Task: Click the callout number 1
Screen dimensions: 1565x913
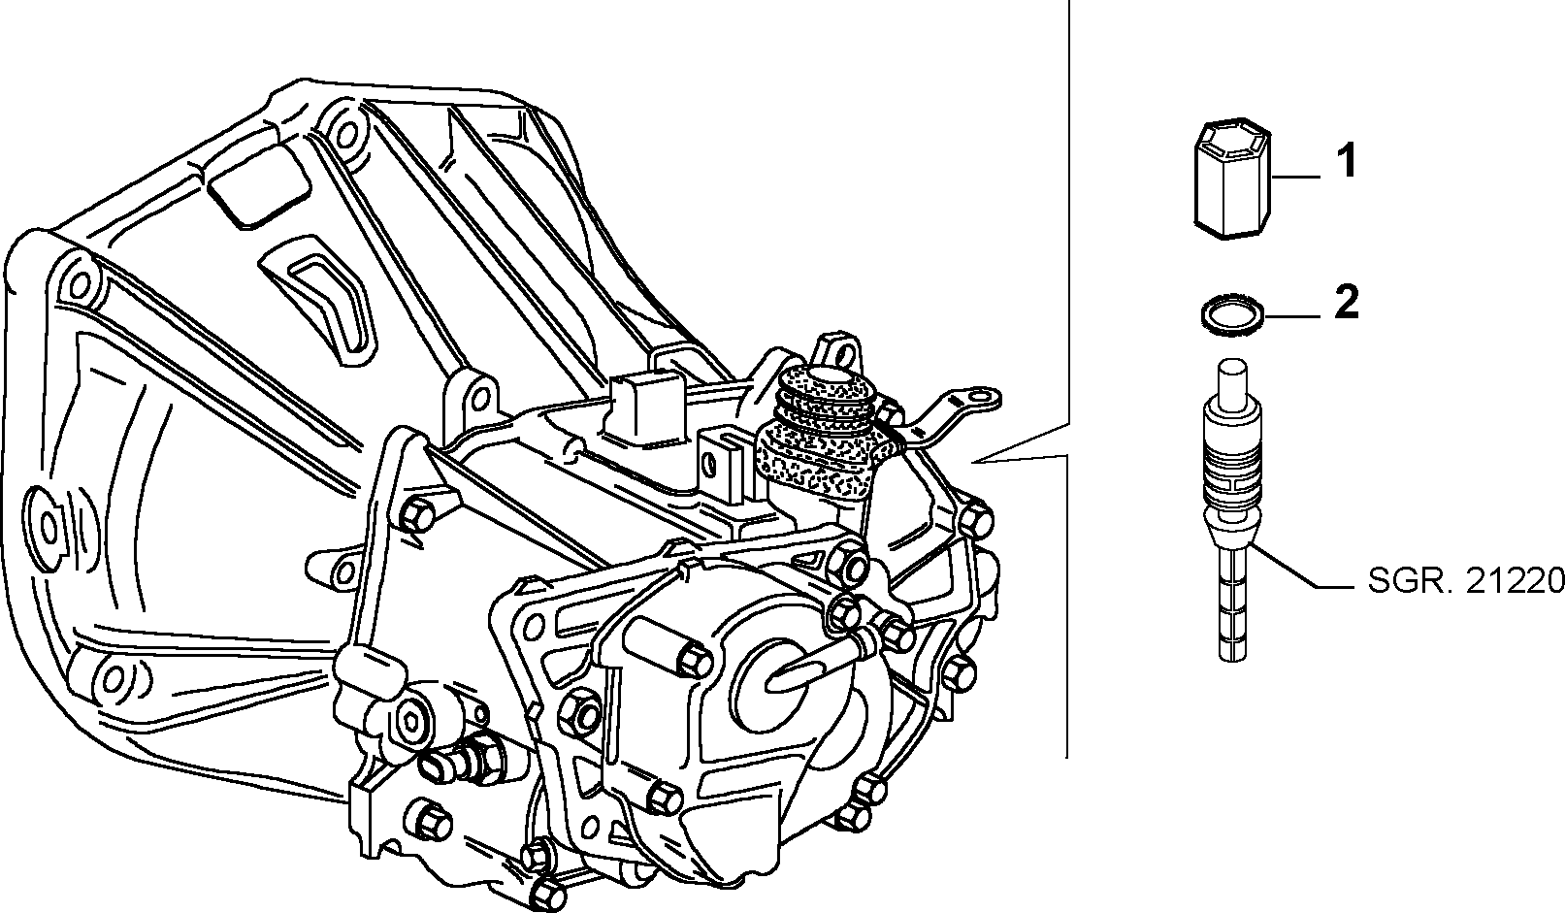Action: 1347,161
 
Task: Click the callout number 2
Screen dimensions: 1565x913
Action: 1347,302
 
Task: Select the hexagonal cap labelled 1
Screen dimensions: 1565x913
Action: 1231,179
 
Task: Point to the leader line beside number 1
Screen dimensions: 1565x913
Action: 1296,178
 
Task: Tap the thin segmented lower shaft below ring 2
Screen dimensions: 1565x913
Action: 1232,604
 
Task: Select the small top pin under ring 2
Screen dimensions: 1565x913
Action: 1232,380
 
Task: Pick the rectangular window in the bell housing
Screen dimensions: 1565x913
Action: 258,186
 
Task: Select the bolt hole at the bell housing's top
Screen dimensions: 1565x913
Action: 345,131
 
